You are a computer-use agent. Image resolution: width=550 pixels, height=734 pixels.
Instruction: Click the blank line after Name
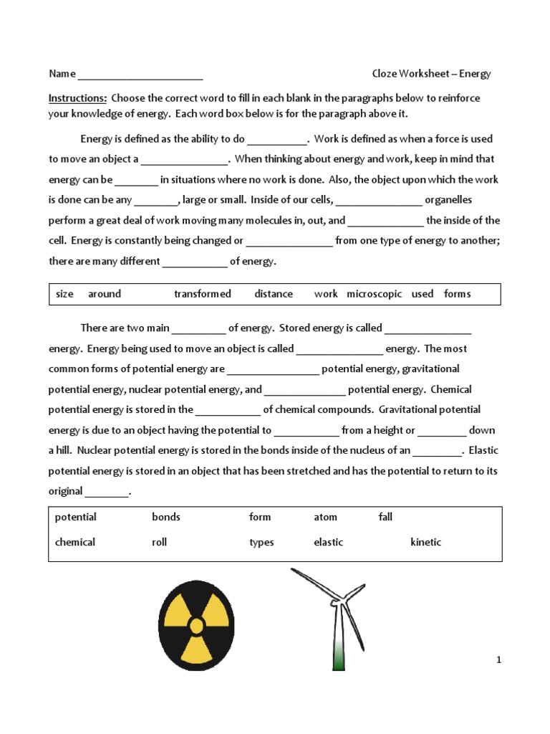coord(140,75)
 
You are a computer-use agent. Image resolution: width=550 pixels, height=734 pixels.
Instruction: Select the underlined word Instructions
coord(77,98)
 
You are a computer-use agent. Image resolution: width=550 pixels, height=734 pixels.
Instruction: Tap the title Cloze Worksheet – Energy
coord(431,74)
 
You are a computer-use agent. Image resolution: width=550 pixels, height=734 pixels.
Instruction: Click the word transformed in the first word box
coord(203,294)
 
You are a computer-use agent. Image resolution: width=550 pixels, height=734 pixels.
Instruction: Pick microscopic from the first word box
coord(374,294)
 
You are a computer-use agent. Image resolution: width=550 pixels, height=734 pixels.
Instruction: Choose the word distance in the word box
coord(274,294)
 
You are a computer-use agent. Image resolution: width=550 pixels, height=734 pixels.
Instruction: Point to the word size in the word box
coord(64,294)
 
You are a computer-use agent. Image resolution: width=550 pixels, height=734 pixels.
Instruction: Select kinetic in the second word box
coord(425,543)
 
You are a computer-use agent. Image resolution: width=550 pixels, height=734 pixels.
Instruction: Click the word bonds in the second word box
coord(166,518)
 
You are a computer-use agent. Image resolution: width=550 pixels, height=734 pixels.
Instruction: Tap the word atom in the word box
coord(325,518)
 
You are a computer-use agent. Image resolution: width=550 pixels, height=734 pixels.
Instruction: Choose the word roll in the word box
coord(159,543)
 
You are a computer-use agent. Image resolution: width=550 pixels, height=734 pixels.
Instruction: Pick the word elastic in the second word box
coord(328,543)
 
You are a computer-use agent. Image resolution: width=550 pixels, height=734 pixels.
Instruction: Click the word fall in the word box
coord(385,518)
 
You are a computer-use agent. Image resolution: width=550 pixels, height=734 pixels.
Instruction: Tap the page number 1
coord(498,660)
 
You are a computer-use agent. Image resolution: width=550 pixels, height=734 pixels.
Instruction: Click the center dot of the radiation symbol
coord(196,626)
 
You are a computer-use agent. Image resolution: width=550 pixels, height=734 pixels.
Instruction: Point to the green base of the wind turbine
coord(339,656)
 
